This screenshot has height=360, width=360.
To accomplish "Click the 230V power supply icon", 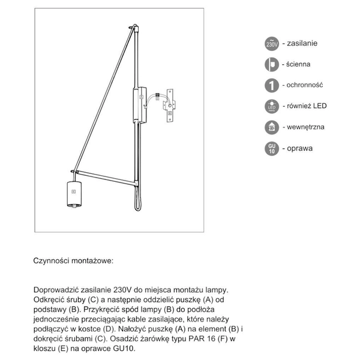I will click(x=272, y=44).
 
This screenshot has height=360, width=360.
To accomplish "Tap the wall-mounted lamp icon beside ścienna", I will click(x=272, y=65).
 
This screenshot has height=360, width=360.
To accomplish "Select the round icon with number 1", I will click(x=272, y=85).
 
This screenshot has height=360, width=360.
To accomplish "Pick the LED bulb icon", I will click(x=272, y=107).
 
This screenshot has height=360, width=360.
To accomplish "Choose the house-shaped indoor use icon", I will click(x=272, y=127).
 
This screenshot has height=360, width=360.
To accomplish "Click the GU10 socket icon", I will click(x=272, y=148).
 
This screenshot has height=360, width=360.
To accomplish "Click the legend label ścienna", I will click(x=298, y=65).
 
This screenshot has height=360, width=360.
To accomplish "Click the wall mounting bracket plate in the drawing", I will click(x=170, y=106).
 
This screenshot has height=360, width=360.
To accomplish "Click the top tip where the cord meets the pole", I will click(x=136, y=26).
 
